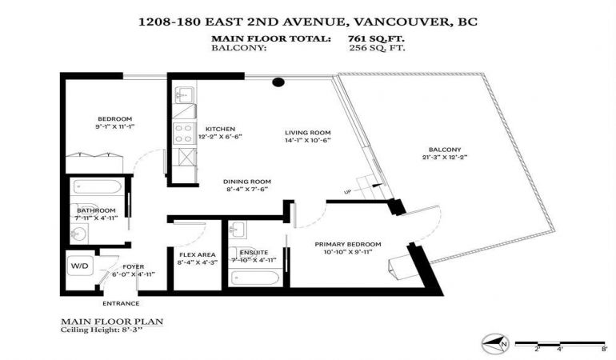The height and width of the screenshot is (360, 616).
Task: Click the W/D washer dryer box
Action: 80,266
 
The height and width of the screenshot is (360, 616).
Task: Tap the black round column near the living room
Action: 278,82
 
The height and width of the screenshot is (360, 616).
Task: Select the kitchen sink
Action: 183,95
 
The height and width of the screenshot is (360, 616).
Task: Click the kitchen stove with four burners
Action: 184,134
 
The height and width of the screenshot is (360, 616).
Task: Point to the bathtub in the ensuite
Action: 255,278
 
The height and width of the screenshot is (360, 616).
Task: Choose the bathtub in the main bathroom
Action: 98,186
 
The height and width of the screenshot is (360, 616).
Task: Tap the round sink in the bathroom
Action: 80,234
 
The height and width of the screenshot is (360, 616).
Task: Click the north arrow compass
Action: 495,343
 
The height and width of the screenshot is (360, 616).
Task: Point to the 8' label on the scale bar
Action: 604,349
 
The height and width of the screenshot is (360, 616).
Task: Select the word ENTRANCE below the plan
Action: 121,303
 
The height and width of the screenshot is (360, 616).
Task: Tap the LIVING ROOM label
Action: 308,133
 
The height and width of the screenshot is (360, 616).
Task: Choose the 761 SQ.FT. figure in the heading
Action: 376,38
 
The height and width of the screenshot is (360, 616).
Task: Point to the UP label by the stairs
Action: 348,192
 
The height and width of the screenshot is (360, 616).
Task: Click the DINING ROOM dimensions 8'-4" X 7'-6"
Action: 247,189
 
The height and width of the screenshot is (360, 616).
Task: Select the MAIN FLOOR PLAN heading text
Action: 112,322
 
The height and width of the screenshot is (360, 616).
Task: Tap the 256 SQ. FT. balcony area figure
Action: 377,48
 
